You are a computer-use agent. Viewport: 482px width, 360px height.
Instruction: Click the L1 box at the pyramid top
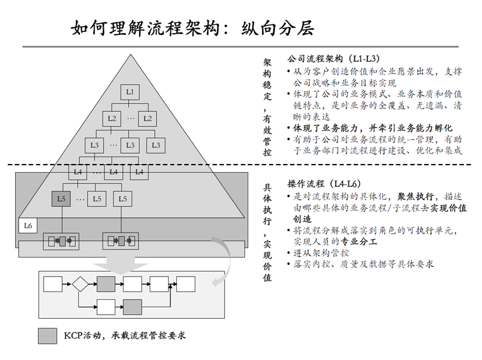[130, 92]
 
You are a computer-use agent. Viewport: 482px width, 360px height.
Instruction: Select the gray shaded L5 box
[61, 198]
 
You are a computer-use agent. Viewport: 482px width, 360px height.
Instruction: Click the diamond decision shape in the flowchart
[79, 284]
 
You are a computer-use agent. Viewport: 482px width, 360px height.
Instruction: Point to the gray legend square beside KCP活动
[48, 336]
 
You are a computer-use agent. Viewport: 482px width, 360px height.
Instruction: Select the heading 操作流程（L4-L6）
[329, 184]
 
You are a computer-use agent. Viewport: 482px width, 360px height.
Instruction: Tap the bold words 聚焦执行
[415, 197]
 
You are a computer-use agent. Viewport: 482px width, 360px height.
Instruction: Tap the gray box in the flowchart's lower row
[132, 306]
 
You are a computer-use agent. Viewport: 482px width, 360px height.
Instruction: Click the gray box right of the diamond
[106, 284]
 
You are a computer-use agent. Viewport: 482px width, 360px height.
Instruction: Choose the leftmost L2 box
[113, 118]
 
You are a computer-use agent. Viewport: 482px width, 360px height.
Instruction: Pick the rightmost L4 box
[139, 172]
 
